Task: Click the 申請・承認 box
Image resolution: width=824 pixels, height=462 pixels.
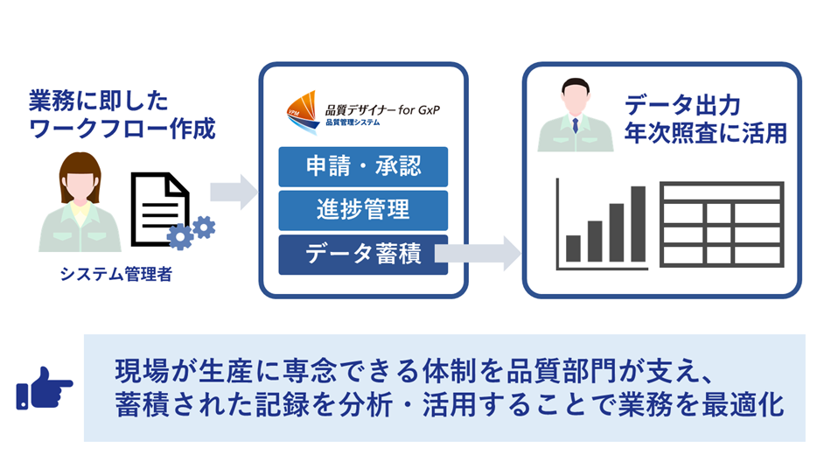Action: tap(363, 166)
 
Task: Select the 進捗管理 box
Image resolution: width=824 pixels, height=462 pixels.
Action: tap(363, 210)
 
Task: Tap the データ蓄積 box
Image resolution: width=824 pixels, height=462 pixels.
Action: tap(363, 255)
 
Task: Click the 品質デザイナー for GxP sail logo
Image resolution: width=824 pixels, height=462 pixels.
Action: tap(303, 112)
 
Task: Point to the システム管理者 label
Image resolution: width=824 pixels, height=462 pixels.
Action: tap(115, 274)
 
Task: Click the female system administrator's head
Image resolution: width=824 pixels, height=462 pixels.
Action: tap(80, 176)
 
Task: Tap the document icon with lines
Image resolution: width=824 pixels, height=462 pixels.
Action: tap(160, 208)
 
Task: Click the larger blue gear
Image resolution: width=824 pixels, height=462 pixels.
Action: tap(179, 237)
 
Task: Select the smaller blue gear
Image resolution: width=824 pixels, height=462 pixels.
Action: tap(204, 227)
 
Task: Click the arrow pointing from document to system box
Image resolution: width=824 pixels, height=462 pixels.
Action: tap(234, 192)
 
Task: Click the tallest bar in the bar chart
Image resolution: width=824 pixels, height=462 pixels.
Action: tap(638, 223)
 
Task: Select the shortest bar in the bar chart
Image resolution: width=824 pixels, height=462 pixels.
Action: tap(573, 248)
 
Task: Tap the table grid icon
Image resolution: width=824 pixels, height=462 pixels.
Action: tap(722, 224)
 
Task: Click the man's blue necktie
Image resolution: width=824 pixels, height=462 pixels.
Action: tap(576, 125)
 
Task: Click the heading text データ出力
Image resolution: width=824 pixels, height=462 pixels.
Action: tap(682, 105)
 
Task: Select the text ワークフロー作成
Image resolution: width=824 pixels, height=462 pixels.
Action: tap(122, 129)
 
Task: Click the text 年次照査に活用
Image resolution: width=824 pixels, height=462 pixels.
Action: tap(705, 133)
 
